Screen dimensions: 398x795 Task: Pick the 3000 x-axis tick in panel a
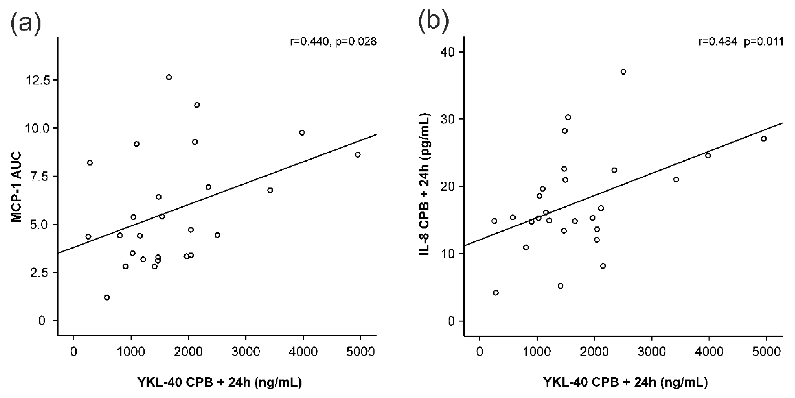[x=246, y=352]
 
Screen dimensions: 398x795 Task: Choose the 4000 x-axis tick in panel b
[x=709, y=352]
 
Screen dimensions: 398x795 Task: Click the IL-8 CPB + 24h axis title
[x=425, y=184]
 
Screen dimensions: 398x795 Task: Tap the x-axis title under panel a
[x=220, y=382]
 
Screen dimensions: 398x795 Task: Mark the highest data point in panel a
[x=169, y=77]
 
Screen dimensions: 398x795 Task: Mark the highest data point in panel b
[x=623, y=72]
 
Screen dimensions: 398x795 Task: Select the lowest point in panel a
[x=107, y=297]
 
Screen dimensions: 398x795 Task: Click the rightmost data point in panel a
[x=358, y=154]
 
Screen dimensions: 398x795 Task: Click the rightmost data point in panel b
[x=763, y=139]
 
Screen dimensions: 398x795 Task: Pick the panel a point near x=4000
[x=302, y=133]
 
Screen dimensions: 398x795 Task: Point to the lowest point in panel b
[x=496, y=293]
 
